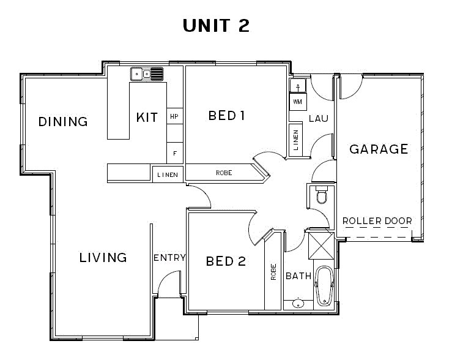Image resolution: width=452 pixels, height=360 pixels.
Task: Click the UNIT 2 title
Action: [216, 25]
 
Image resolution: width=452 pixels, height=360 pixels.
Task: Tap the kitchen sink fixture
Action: [147, 74]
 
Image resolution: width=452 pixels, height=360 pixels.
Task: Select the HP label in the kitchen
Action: [174, 116]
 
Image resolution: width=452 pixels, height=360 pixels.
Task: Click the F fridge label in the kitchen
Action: [175, 154]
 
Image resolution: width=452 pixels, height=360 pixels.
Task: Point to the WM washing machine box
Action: [298, 102]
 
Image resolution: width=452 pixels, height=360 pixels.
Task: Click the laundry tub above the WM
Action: [298, 86]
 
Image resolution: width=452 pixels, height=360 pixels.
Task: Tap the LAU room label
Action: [319, 118]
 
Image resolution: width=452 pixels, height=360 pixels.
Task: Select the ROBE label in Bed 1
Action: [224, 173]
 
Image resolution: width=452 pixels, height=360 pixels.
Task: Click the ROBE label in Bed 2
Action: [273, 272]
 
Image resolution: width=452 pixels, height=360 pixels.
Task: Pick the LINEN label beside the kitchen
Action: [168, 175]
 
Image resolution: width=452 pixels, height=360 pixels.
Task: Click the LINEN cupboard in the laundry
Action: [296, 140]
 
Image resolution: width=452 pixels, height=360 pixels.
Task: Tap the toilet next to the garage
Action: [322, 195]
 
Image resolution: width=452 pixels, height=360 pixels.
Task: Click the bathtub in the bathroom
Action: [324, 286]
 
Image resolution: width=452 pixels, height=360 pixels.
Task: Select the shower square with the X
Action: [321, 246]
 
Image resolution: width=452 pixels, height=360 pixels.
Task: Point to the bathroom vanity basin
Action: [298, 304]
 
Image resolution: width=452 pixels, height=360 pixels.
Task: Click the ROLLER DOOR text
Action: [377, 221]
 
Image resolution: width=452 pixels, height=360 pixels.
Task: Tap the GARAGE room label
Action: [379, 149]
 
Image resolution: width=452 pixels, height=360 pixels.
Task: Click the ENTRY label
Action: [169, 258]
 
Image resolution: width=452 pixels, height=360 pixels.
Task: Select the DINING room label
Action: [63, 122]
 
